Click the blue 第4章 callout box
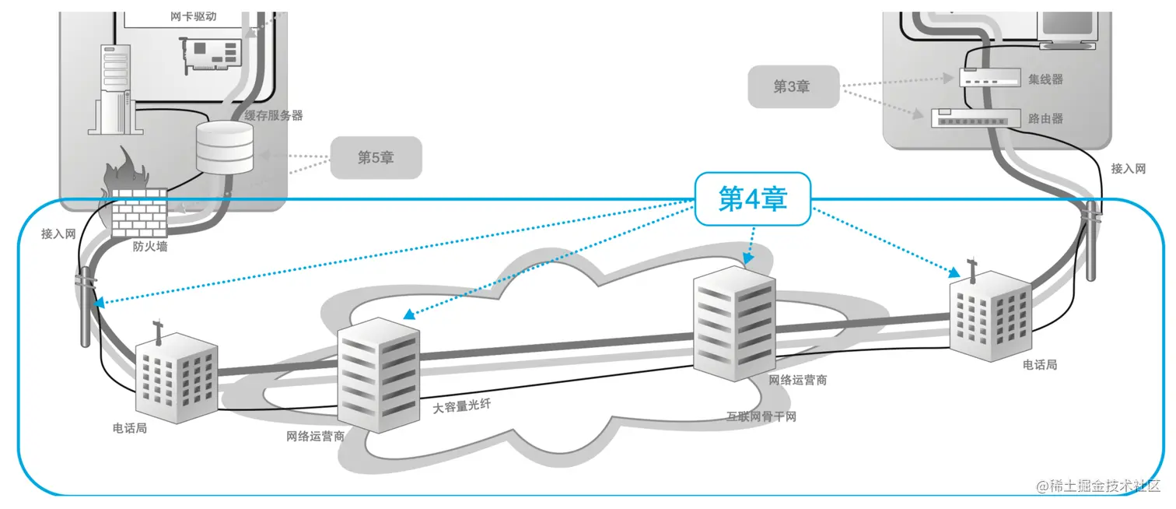(x=752, y=199)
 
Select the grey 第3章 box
(x=793, y=86)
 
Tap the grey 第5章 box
(x=376, y=157)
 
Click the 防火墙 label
(x=150, y=247)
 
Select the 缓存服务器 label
(x=273, y=115)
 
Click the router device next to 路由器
(x=975, y=118)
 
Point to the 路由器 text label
(x=1045, y=119)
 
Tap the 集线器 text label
(x=1045, y=79)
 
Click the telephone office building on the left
(x=175, y=376)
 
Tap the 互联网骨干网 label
(x=761, y=416)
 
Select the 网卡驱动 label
(x=193, y=16)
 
